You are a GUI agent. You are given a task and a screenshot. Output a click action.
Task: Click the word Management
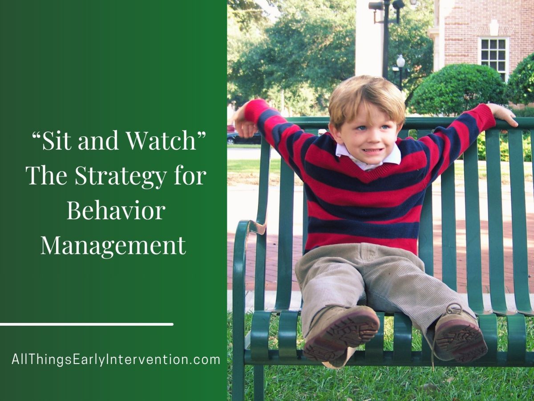pos(113,245)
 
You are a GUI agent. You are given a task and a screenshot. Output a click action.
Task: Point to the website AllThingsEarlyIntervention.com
pos(116,360)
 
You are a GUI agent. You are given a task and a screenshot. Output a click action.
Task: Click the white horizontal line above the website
pos(86,324)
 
